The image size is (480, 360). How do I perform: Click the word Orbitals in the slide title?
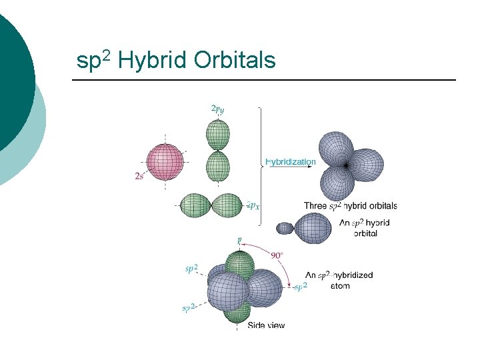234,61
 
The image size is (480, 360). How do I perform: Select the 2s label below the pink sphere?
139,176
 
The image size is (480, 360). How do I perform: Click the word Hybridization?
291,161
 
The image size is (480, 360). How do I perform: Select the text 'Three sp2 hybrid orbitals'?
350,206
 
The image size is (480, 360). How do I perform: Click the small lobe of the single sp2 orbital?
285,228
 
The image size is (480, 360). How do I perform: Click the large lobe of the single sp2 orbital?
313,227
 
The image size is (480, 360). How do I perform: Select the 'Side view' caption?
266,325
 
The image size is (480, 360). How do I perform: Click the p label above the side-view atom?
239,239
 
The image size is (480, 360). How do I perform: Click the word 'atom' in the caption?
340,286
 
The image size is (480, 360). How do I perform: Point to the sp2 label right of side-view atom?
301,286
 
